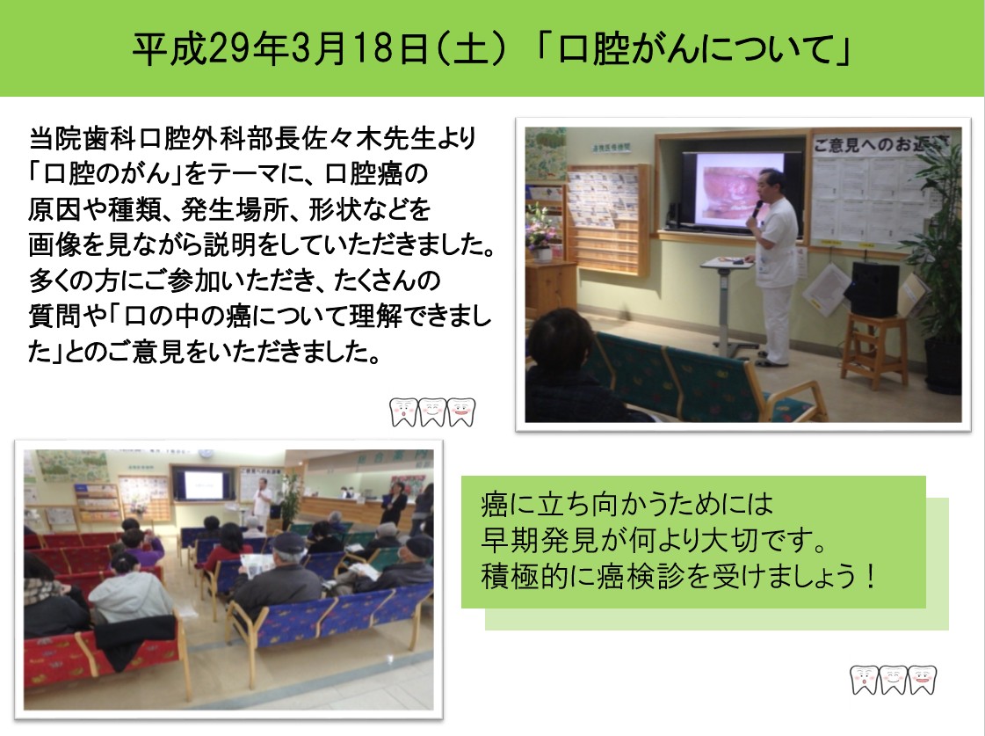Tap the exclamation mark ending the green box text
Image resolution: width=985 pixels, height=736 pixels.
pos(870,576)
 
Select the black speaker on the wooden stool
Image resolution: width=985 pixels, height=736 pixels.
pos(873,289)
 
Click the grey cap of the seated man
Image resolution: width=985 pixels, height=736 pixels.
pos(289,542)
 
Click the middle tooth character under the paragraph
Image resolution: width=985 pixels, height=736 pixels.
pos(433,412)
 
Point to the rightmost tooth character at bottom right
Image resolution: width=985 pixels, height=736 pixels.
pos(923,680)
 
